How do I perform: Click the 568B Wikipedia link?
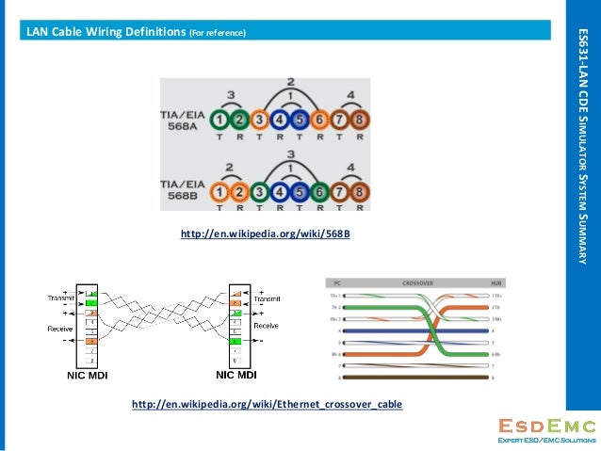[x=265, y=233]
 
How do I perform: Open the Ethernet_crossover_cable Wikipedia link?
[x=267, y=404]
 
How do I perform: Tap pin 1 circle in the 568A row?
[x=219, y=121]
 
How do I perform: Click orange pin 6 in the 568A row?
[x=320, y=121]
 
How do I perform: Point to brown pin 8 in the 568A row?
[x=360, y=121]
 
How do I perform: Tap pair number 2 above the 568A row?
[x=290, y=83]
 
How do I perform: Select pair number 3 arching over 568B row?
[x=290, y=153]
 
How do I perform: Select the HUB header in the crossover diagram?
[x=495, y=282]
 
